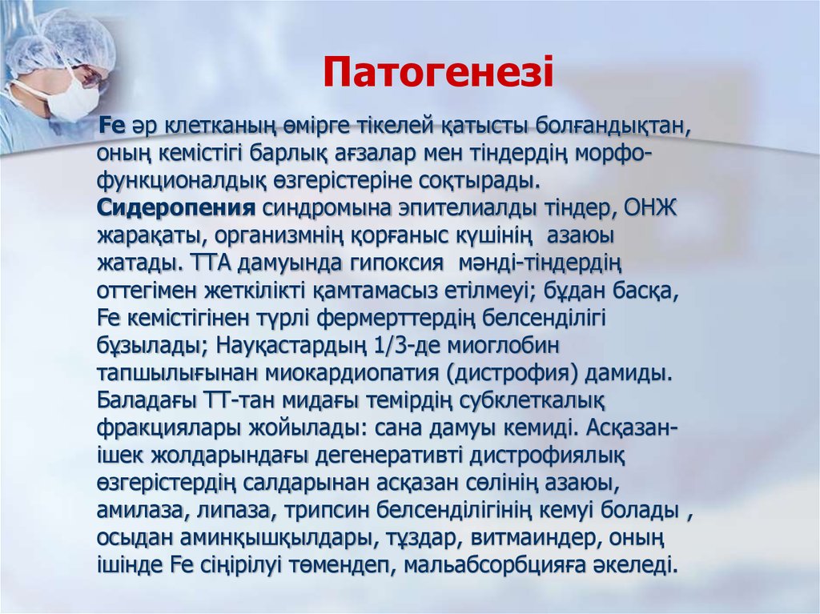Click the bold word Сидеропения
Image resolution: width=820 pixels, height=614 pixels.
[x=176, y=210]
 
